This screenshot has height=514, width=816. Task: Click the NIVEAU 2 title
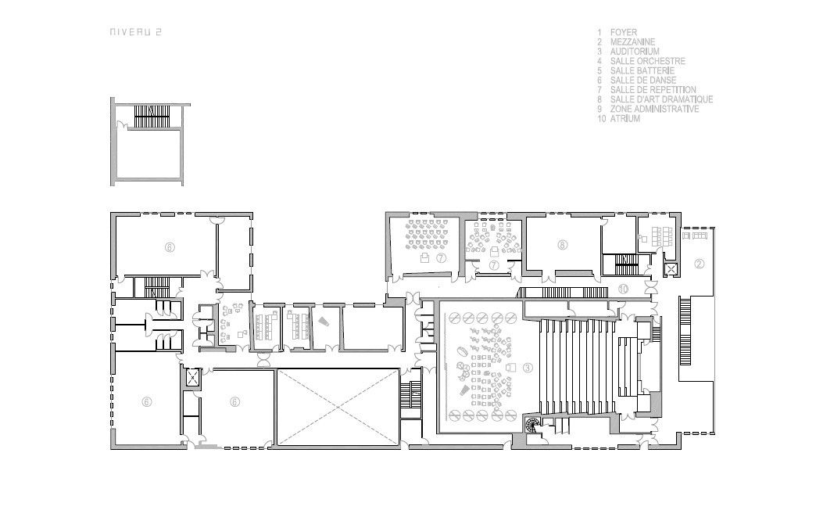(135, 32)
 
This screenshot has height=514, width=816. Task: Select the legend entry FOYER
(624, 32)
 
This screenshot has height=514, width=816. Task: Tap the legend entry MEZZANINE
(632, 41)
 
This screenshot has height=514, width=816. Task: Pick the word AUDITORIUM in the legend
(635, 52)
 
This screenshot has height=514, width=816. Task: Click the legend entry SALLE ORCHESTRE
(648, 61)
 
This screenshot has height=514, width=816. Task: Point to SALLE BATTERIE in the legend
(642, 71)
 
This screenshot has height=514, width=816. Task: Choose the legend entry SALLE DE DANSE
(643, 81)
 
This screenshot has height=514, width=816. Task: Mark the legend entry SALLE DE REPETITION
(653, 89)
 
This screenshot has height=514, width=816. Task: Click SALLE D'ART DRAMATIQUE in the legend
(661, 99)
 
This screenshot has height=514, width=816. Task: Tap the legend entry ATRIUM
(625, 119)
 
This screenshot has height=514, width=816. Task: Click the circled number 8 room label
(562, 244)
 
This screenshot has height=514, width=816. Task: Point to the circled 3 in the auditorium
(528, 368)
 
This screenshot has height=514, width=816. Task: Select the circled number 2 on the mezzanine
(699, 264)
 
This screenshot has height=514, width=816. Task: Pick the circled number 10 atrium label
(624, 289)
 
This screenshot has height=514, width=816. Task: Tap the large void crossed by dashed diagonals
(338, 408)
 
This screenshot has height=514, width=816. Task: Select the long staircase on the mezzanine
(685, 332)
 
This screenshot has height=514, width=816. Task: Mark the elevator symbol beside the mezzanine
(671, 269)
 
